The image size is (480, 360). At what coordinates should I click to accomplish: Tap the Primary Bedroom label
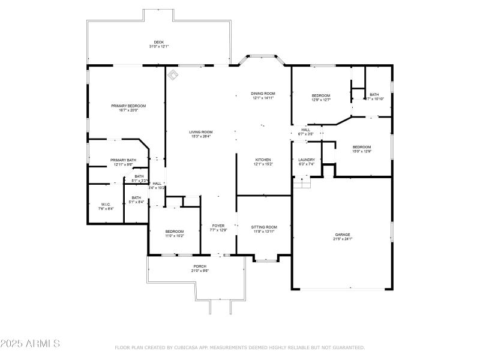[128, 106]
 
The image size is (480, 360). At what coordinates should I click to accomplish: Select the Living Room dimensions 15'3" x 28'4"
[201, 136]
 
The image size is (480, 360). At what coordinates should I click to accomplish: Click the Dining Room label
[263, 94]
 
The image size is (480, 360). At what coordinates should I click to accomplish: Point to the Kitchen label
[263, 160]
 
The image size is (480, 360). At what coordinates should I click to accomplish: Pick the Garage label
[343, 235]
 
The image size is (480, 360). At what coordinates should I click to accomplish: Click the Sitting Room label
[263, 227]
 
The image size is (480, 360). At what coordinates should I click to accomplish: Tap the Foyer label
[217, 226]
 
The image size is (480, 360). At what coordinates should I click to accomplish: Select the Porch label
[200, 266]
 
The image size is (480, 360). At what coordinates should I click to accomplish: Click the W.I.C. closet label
[106, 205]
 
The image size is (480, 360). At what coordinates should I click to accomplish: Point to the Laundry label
[307, 160]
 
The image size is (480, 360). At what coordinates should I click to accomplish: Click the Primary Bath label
[123, 160]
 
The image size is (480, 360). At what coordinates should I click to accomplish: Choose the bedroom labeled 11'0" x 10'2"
[175, 232]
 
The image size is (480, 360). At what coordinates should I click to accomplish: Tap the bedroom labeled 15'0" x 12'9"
[362, 147]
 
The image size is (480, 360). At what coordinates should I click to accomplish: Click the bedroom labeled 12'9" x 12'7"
[321, 96]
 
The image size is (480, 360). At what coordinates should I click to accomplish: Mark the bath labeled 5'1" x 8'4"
[136, 198]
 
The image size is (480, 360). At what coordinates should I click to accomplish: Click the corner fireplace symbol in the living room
[173, 74]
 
